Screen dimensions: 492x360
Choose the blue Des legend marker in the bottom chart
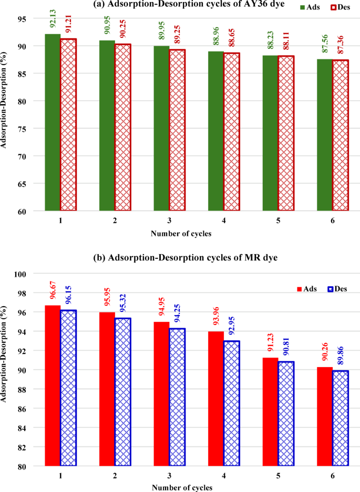click(331, 289)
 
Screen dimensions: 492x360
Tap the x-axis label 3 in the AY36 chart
click(169, 221)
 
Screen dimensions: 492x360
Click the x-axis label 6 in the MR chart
click(332, 476)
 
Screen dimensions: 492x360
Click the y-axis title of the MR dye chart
click(6, 370)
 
